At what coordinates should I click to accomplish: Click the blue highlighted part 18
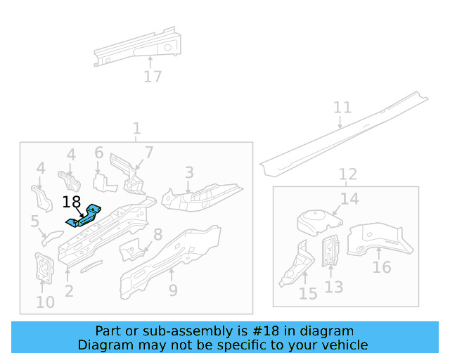tap(85, 217)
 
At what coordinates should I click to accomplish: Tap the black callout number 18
tap(72, 203)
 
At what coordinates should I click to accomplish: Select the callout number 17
tap(153, 77)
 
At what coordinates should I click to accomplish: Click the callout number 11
tap(342, 108)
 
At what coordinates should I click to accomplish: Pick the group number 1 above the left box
tap(136, 129)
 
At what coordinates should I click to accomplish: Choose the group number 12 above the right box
tap(348, 174)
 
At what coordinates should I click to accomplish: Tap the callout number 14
tap(349, 199)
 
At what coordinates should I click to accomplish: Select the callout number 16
tap(382, 267)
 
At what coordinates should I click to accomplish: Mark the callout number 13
tap(334, 286)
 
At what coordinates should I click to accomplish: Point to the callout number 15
tap(308, 293)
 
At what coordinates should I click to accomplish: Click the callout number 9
tap(173, 290)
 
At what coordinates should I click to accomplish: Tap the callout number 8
tap(157, 235)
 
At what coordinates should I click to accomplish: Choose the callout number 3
tap(189, 172)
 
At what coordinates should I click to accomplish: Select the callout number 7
tap(149, 153)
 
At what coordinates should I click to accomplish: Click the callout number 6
tap(99, 153)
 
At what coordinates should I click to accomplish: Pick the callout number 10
tap(45, 302)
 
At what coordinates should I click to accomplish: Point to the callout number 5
tap(34, 222)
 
